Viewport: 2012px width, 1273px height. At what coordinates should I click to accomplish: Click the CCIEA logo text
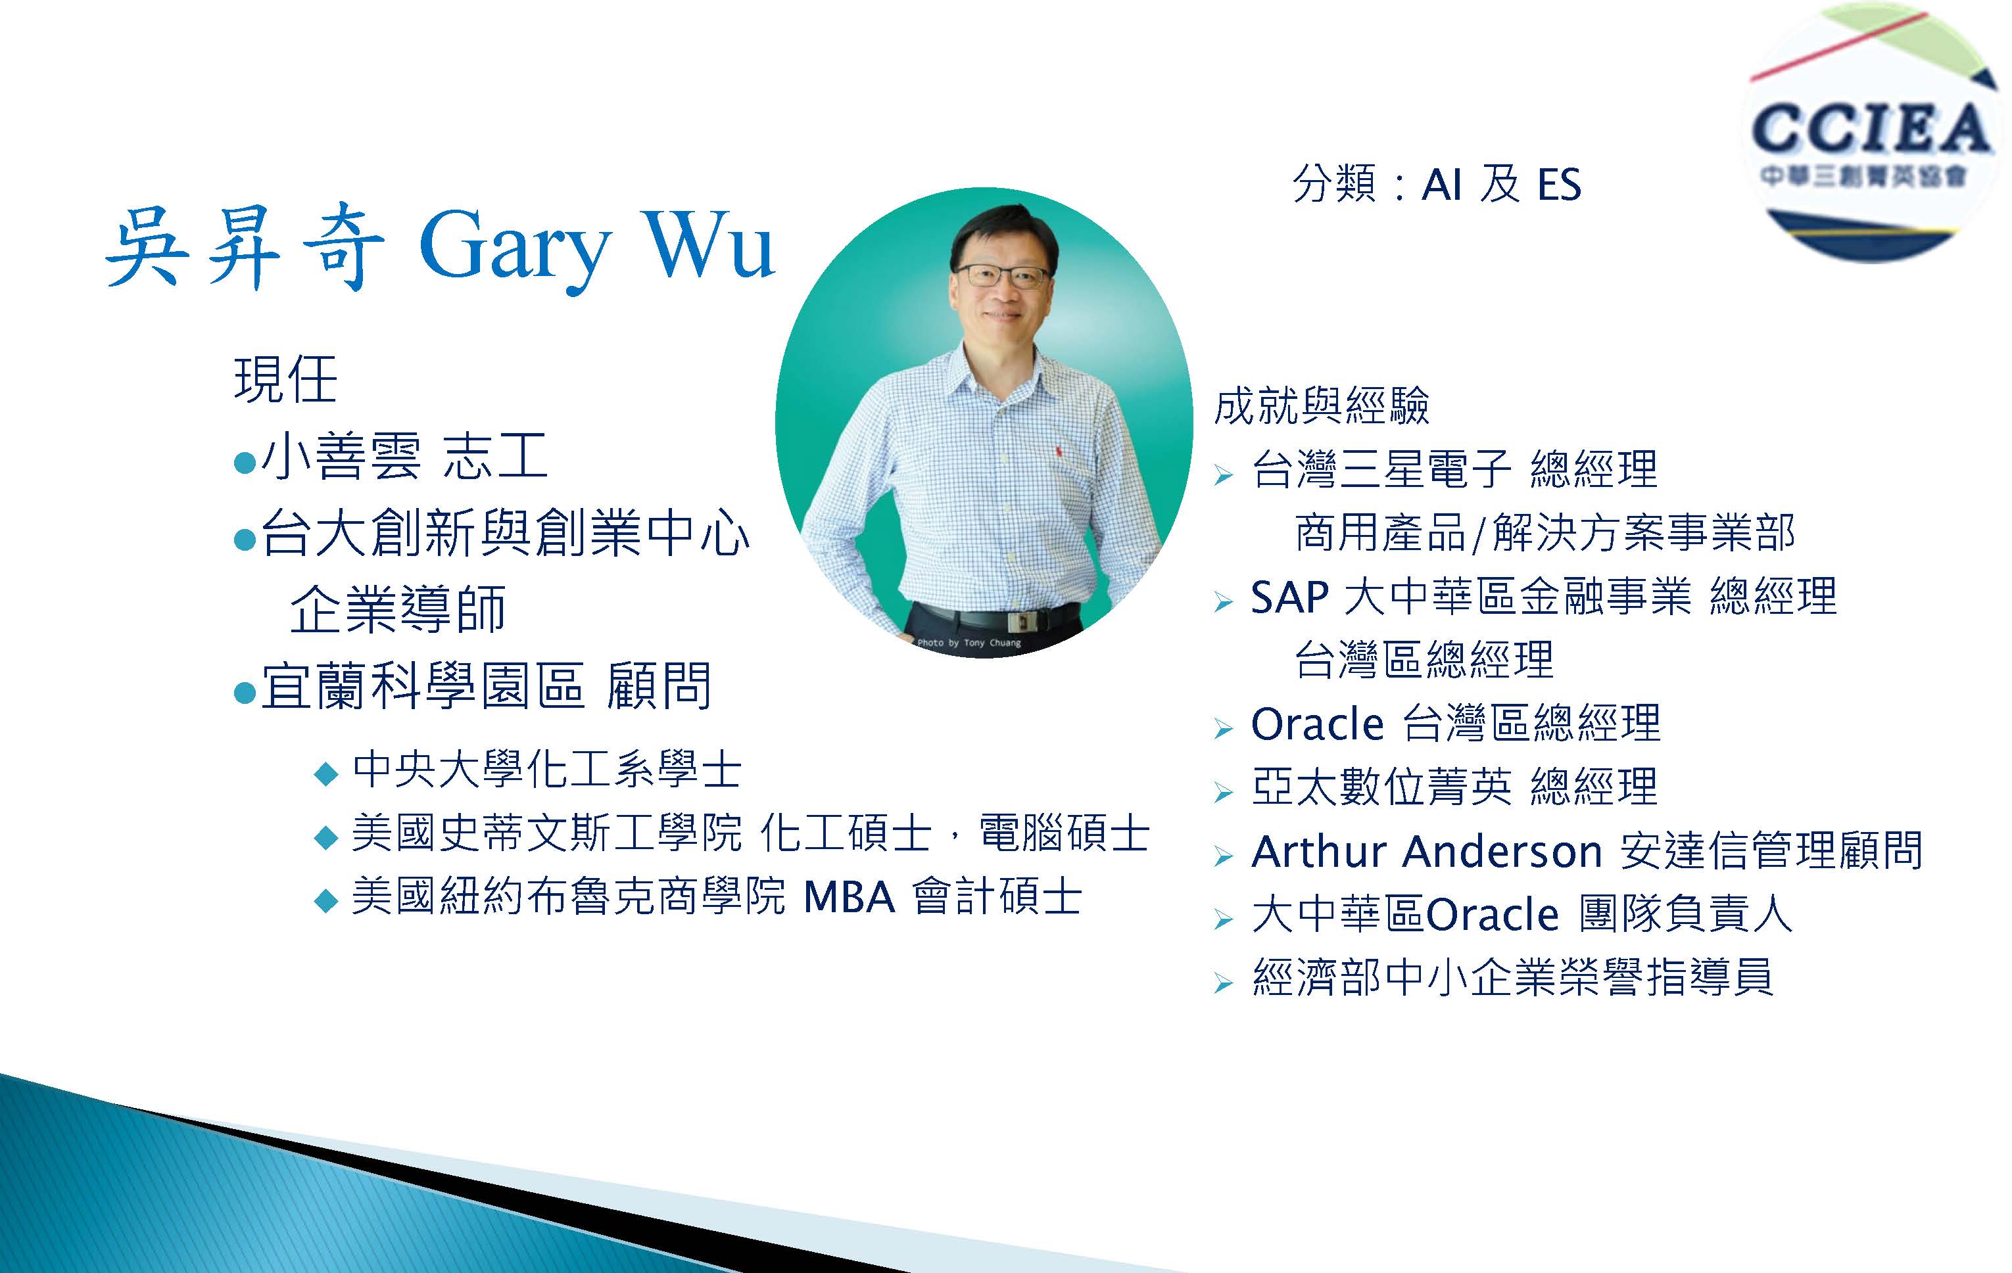click(1871, 129)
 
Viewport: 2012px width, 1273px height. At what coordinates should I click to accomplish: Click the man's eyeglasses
click(1001, 275)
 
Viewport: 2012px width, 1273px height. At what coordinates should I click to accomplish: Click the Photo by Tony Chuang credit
click(969, 642)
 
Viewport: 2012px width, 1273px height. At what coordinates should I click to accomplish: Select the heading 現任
click(286, 380)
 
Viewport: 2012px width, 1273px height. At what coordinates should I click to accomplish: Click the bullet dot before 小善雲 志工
click(245, 463)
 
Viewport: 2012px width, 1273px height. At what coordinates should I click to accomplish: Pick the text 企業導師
click(398, 609)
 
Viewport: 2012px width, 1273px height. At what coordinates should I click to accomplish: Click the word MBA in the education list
click(849, 897)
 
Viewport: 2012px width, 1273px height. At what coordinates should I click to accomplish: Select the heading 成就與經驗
click(1322, 405)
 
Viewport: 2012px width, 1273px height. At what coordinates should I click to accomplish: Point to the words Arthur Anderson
click(1427, 851)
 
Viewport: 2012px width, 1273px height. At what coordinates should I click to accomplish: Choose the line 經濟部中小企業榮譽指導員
click(1512, 977)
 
